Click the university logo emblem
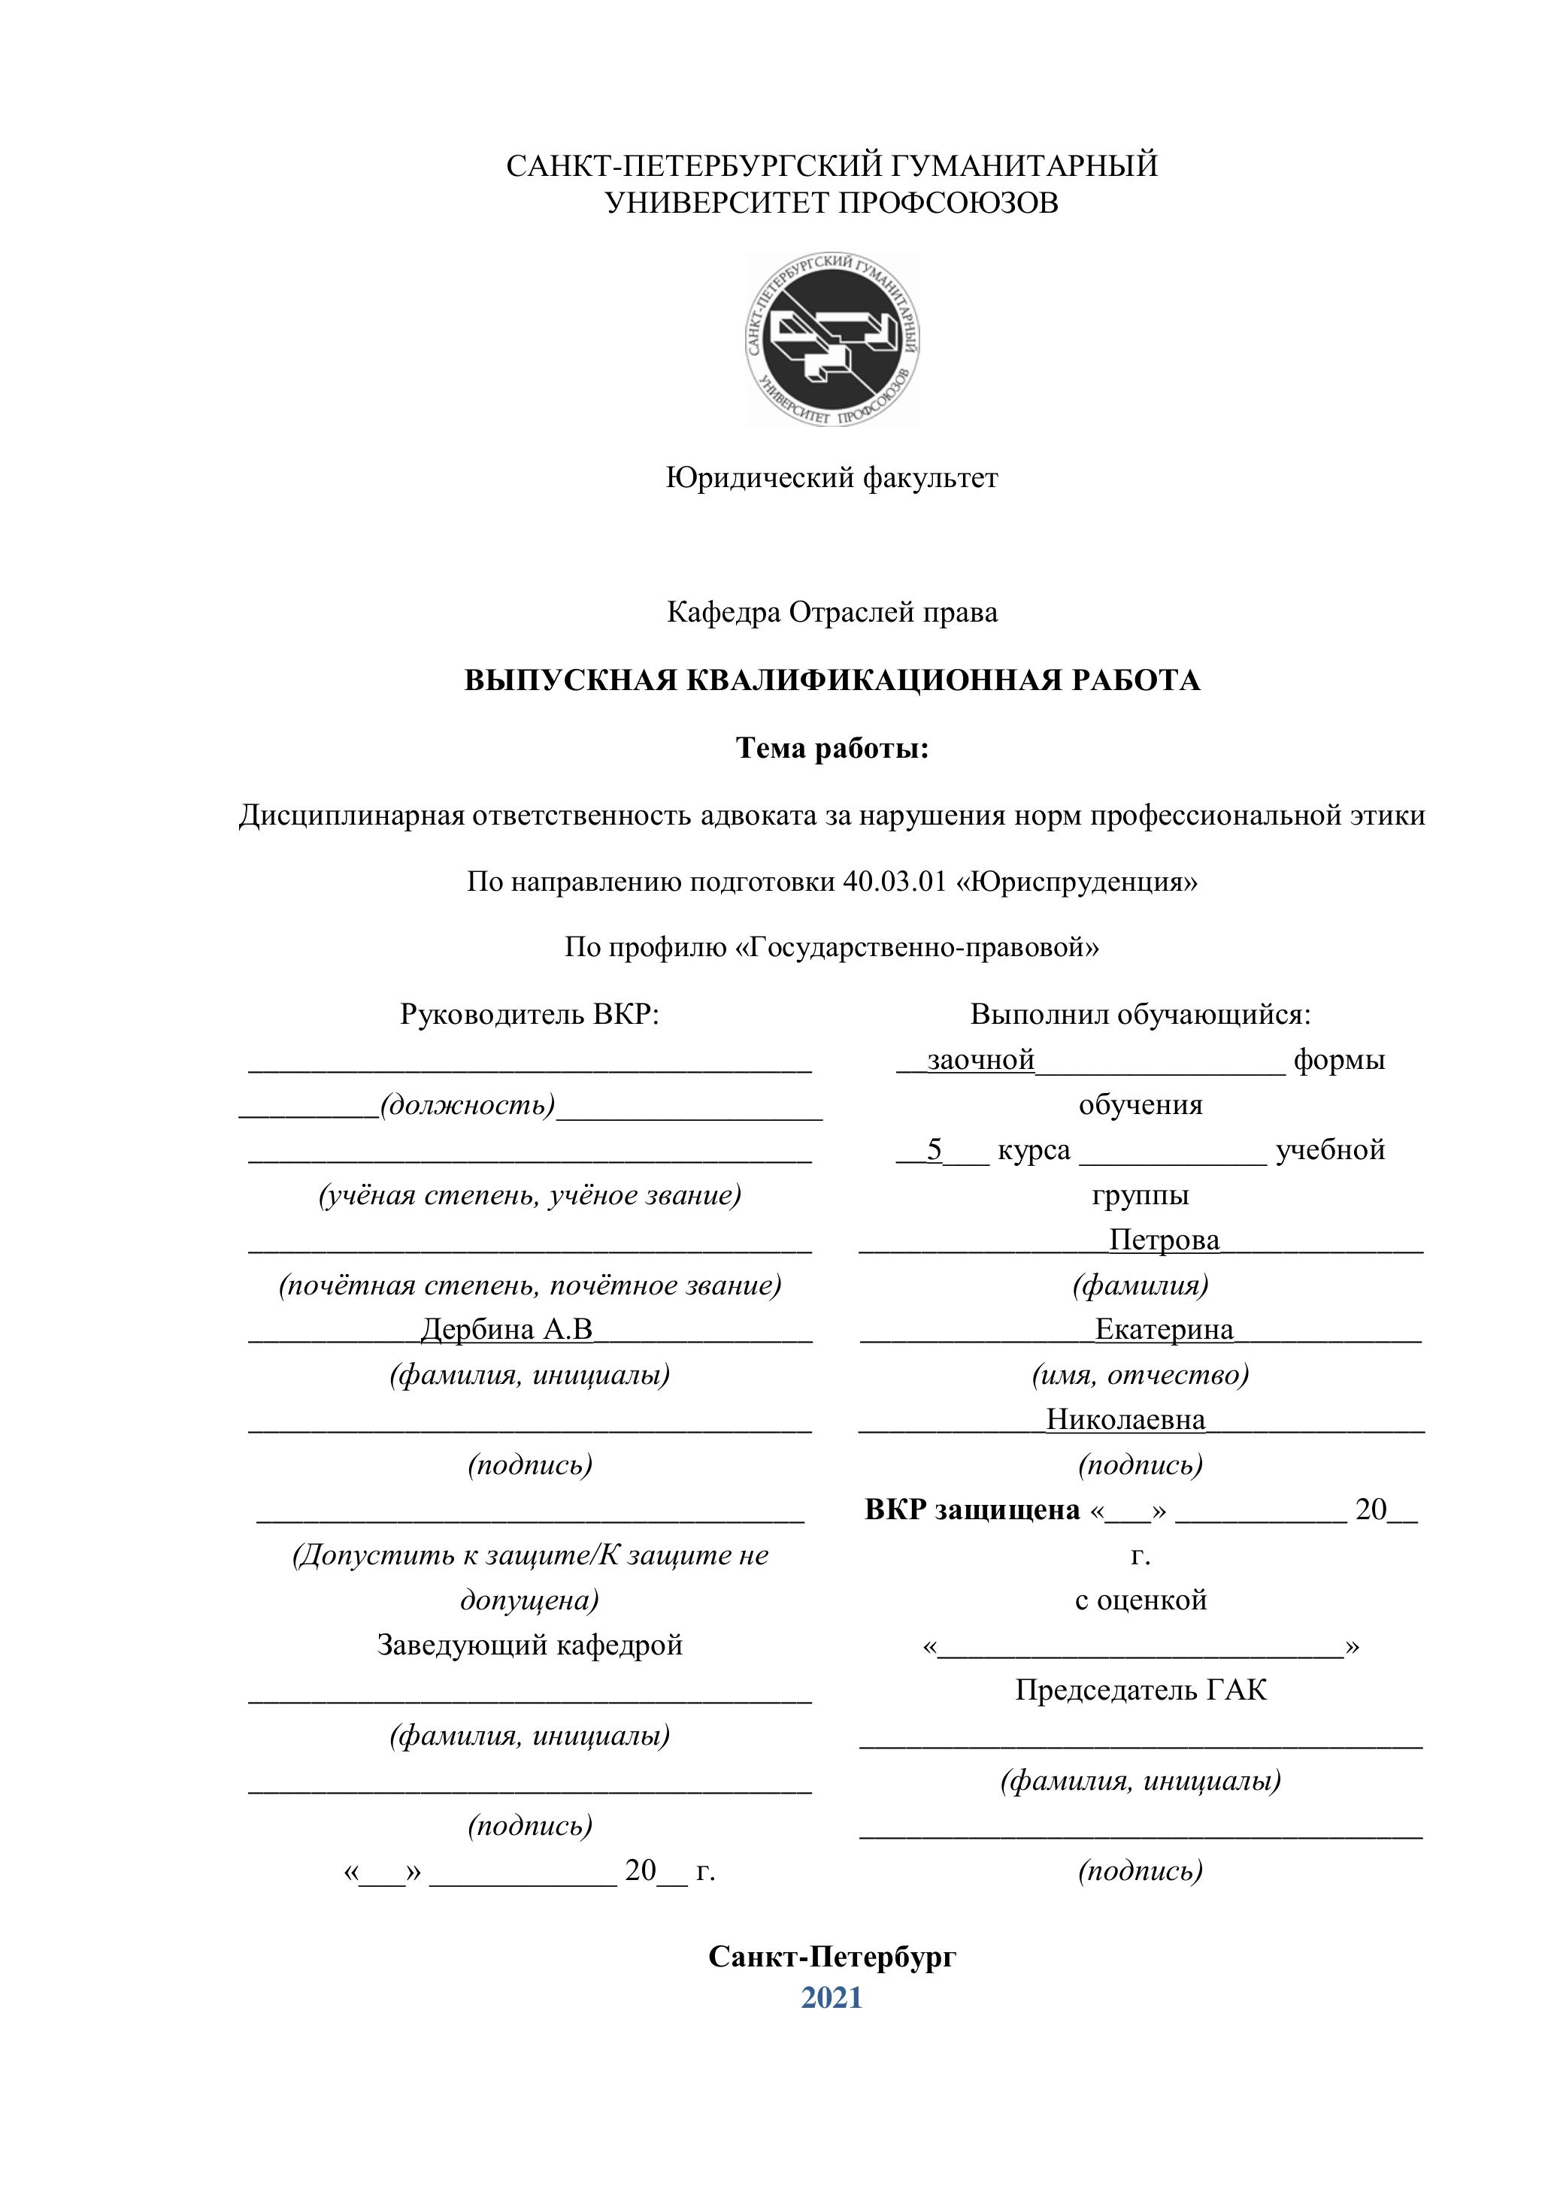coord(832,340)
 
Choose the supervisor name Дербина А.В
coord(507,1330)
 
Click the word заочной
coord(980,1060)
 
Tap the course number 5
coord(935,1149)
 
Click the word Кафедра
coord(723,612)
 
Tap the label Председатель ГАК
coord(1140,1691)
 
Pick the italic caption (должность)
coord(468,1105)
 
